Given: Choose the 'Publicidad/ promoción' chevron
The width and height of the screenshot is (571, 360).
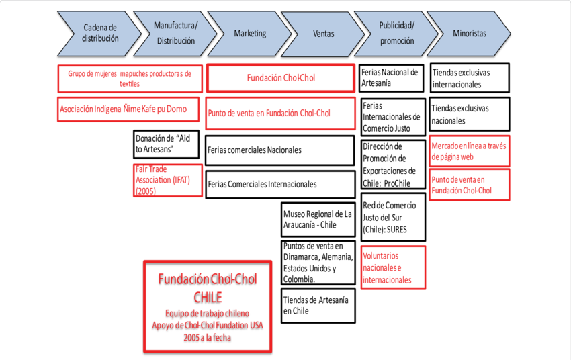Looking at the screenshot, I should click(x=396, y=33).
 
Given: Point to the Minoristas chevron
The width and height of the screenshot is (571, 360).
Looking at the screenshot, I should click(x=470, y=33).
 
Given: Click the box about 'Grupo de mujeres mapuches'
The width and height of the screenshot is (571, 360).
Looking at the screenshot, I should click(x=129, y=77).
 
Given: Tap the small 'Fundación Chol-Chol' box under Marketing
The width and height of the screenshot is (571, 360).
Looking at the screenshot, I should click(x=280, y=77).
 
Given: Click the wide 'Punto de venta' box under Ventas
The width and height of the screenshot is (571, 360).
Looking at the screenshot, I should click(x=280, y=114).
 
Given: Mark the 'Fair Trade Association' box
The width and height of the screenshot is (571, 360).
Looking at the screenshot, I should click(x=168, y=180).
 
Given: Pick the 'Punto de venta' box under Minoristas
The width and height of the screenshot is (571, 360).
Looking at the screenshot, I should click(x=470, y=185).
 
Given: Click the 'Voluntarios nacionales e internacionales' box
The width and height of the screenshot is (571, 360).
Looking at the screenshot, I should click(x=393, y=267).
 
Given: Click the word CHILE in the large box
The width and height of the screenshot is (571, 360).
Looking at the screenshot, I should click(x=207, y=297).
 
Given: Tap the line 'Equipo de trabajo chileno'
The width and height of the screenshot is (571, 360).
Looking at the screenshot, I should click(x=207, y=313).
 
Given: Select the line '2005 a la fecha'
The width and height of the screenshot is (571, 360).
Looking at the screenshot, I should click(x=207, y=337).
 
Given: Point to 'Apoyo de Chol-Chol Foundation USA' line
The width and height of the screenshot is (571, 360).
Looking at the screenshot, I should click(x=207, y=325).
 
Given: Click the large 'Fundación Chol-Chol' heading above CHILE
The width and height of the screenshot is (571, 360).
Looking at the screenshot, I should click(x=207, y=279).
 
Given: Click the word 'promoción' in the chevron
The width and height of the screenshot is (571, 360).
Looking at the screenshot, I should click(x=396, y=40).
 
